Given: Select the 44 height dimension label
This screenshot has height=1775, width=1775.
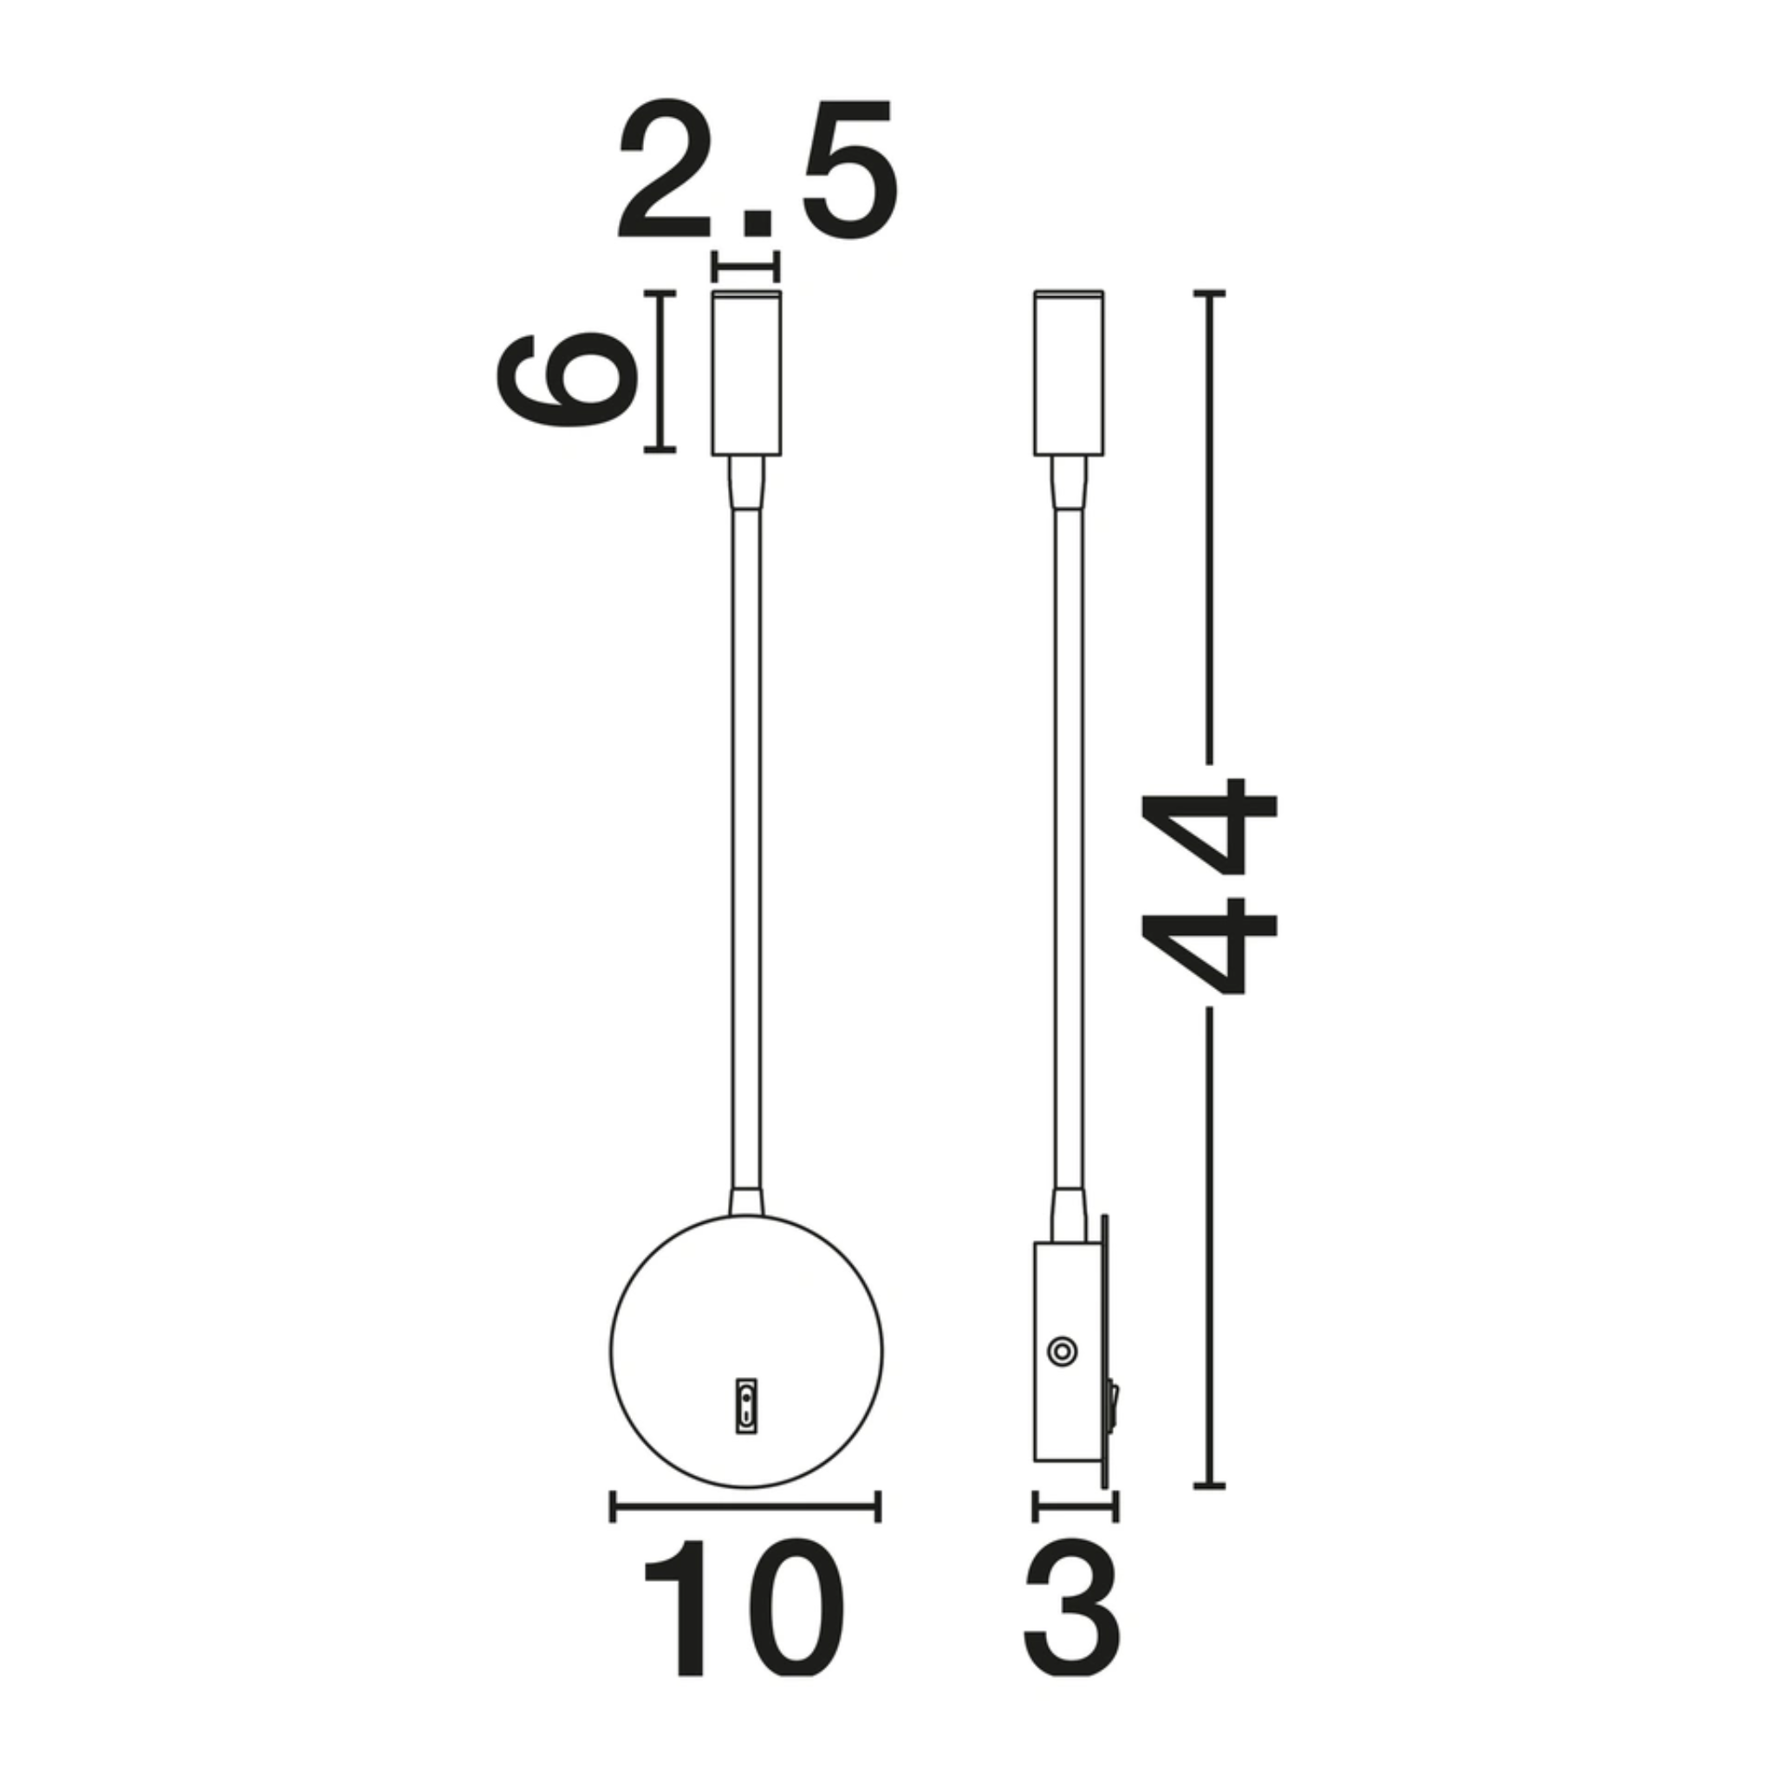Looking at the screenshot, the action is [x=1207, y=887].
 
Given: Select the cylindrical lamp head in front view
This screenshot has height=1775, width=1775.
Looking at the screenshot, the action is [x=747, y=372].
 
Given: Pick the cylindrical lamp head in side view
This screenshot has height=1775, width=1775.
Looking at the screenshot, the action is [x=1069, y=372].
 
